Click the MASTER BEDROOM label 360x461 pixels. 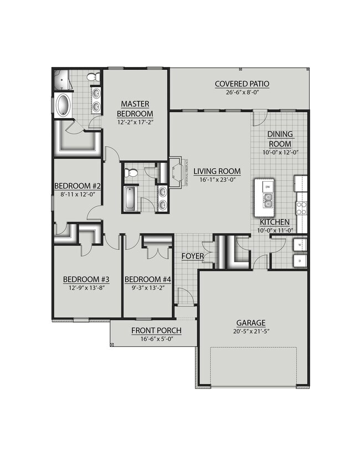[136, 109]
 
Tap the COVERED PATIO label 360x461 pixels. [242, 84]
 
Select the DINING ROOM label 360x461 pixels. [280, 139]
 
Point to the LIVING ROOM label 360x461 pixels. [213, 171]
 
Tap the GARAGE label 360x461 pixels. [250, 322]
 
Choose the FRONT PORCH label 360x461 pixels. [156, 331]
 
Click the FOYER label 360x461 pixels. [194, 257]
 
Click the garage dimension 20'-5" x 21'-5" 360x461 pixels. [250, 332]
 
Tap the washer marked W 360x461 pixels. [300, 244]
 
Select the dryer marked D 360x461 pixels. [300, 260]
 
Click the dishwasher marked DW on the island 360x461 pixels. [268, 187]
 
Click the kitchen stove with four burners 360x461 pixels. [302, 208]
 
